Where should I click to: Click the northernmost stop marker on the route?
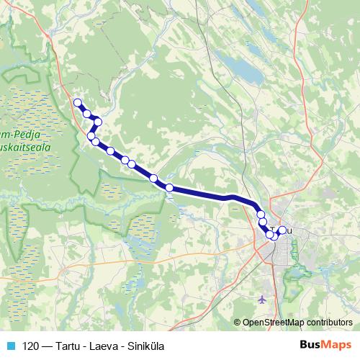tap(77, 102)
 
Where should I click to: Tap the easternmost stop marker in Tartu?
tap(282, 230)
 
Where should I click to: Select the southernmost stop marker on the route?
tap(271, 235)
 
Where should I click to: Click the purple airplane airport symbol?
tap(261, 298)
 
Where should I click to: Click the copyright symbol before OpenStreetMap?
tap(238, 323)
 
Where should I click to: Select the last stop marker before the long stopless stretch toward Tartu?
tap(169, 188)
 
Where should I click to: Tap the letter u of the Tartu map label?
tap(290, 230)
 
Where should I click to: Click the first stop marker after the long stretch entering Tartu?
tap(260, 214)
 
